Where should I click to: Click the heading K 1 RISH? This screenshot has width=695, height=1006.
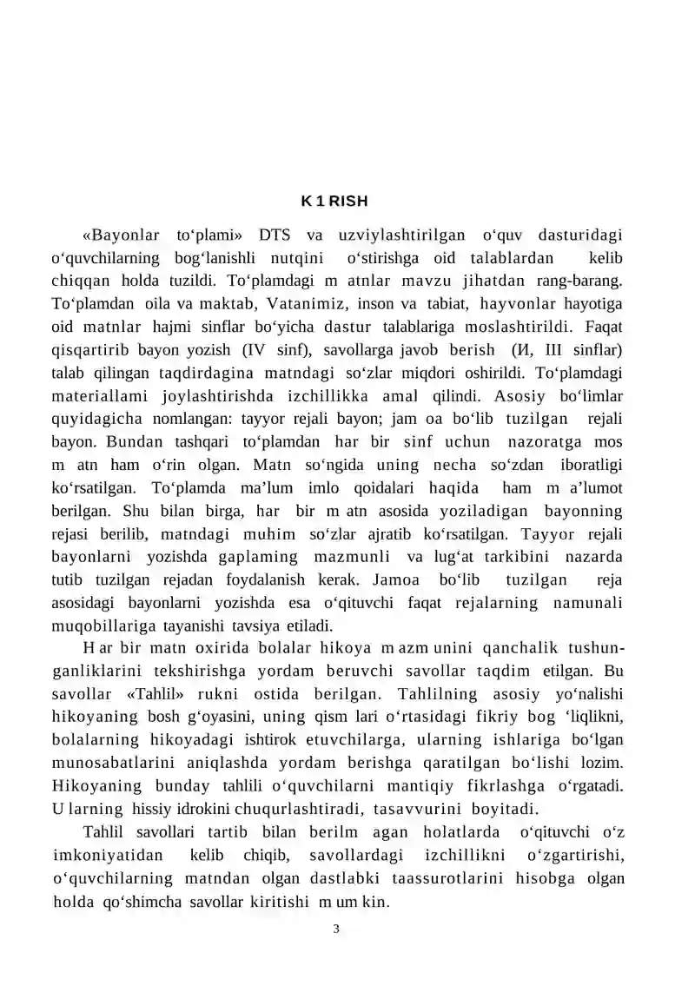[334, 202]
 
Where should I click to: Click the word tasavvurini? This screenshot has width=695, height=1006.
[426, 809]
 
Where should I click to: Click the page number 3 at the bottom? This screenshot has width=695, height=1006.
[336, 929]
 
